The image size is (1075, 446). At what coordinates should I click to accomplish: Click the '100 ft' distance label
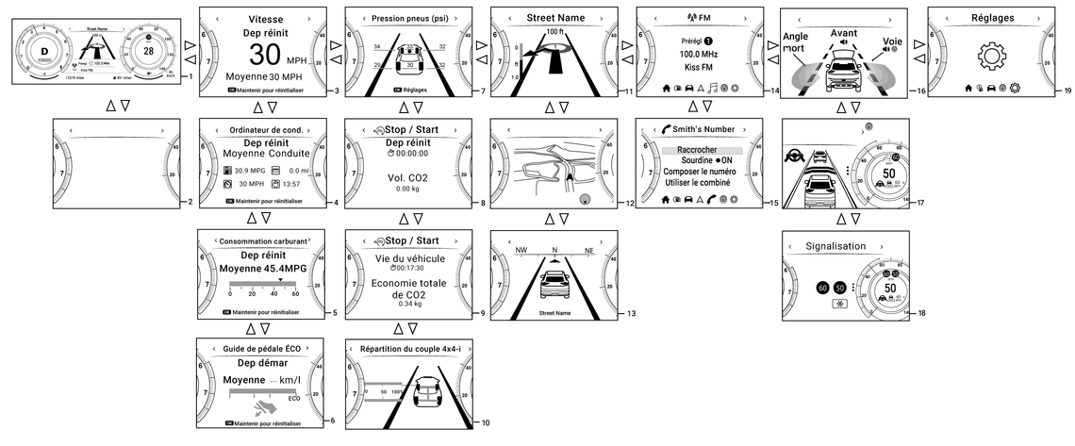pyautogui.click(x=554, y=33)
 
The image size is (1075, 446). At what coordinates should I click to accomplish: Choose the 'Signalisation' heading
pyautogui.click(x=835, y=246)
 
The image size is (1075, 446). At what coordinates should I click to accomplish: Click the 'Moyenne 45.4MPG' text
pyautogui.click(x=263, y=269)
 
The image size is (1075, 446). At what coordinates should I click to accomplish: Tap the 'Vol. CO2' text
pyautogui.click(x=407, y=176)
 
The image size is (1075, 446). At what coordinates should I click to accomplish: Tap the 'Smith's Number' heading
pyautogui.click(x=700, y=129)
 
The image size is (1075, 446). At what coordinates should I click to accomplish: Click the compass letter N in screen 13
pyautogui.click(x=555, y=251)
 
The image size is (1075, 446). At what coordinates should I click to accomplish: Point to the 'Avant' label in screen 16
pyautogui.click(x=844, y=32)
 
